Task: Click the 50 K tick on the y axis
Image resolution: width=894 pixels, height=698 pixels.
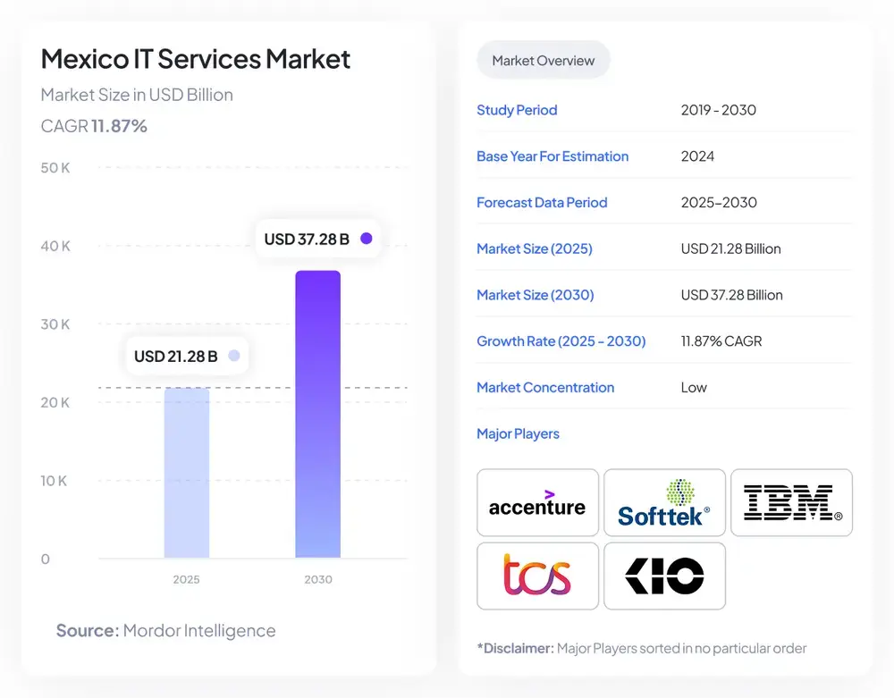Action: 55,168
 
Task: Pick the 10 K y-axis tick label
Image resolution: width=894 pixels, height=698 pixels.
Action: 55,481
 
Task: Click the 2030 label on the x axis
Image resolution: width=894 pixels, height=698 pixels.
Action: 317,579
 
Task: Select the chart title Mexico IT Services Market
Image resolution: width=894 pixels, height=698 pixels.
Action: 196,59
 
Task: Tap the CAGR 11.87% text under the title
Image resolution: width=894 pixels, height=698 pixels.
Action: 94,126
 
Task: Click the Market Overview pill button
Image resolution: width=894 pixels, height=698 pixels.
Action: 543,61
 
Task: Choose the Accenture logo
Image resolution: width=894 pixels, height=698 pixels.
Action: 537,503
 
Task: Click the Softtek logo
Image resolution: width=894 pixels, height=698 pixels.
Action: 664,503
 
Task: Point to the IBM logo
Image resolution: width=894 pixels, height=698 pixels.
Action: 791,503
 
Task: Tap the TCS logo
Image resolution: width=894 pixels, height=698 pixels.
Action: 537,576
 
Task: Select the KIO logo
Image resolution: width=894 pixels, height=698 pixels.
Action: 664,576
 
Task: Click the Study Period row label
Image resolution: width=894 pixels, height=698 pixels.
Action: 517,110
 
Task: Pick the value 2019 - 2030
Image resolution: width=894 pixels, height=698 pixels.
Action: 718,110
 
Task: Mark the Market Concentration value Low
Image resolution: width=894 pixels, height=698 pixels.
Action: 694,387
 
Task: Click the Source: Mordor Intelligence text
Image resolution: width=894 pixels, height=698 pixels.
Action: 166,630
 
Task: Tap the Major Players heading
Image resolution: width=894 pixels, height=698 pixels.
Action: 518,433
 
